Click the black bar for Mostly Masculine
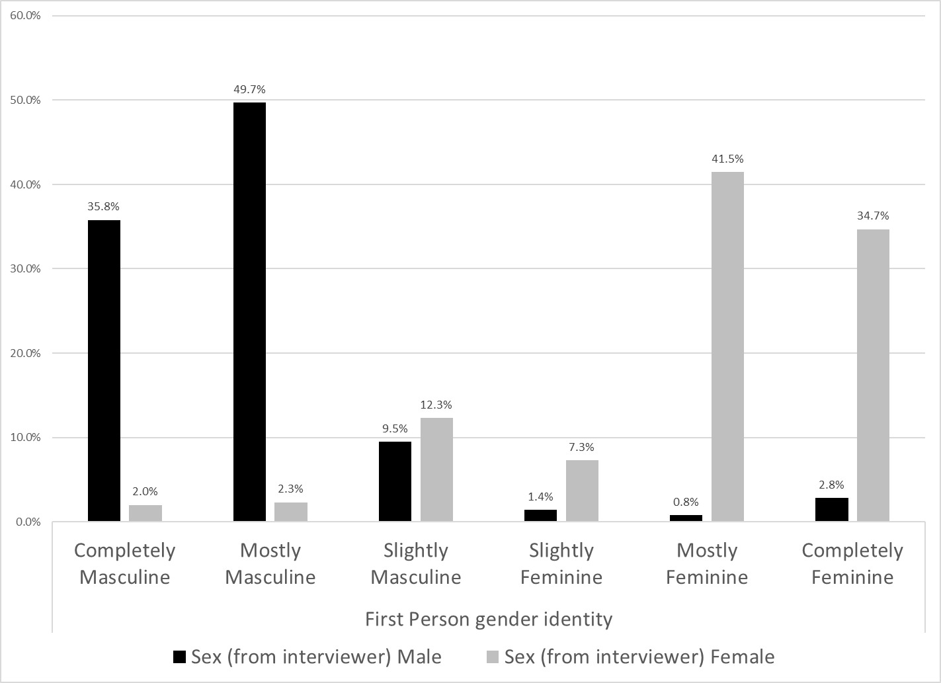coord(249,311)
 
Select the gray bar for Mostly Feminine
coord(727,346)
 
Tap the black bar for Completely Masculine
coord(104,370)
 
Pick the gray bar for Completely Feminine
coord(873,375)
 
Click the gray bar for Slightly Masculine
coord(436,469)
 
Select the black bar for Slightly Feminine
coord(540,516)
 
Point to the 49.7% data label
coord(249,89)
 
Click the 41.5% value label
coord(727,159)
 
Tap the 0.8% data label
coord(686,502)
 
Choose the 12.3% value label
coord(436,405)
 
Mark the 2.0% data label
coord(145,491)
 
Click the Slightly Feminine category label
coord(561,564)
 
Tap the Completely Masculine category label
coord(125,564)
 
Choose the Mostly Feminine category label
coord(707,564)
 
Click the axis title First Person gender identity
coord(489,620)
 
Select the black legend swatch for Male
coord(179,657)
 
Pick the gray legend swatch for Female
coord(493,657)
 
